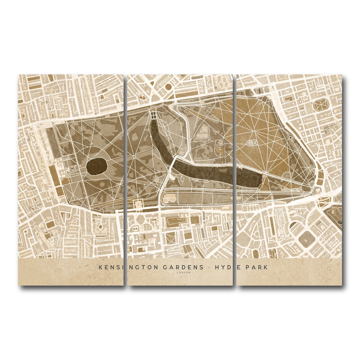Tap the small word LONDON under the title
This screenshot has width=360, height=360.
[184, 273]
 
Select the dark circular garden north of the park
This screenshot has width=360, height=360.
[169, 87]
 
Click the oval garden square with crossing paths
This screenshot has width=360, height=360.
[321, 105]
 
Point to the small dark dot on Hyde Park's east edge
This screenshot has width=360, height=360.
[290, 137]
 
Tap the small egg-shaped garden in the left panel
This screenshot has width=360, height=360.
[100, 226]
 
